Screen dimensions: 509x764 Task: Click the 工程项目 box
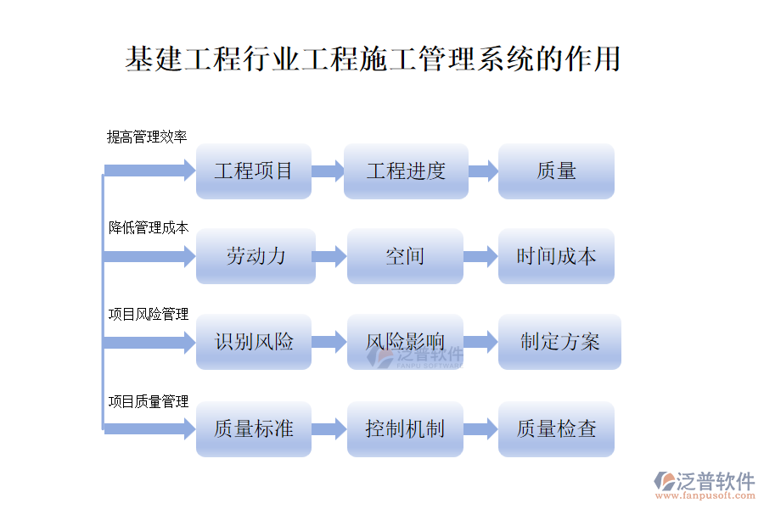click(253, 171)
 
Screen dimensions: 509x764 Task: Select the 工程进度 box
click(405, 171)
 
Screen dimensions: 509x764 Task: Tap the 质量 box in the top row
click(556, 171)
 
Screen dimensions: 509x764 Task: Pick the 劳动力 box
click(253, 256)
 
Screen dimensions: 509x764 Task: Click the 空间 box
click(405, 256)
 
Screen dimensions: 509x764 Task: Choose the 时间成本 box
click(556, 256)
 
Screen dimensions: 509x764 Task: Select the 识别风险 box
click(253, 342)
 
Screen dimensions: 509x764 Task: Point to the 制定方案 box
click(559, 342)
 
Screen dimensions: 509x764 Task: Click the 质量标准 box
click(253, 429)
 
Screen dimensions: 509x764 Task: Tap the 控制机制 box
click(405, 429)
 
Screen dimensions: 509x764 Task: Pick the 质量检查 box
click(556, 429)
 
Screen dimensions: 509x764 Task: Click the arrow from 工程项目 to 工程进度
click(328, 171)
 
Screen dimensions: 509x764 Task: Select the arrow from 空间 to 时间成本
click(480, 256)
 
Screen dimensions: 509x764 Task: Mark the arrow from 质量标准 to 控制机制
click(329, 429)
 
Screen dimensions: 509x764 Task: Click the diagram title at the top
click(373, 59)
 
